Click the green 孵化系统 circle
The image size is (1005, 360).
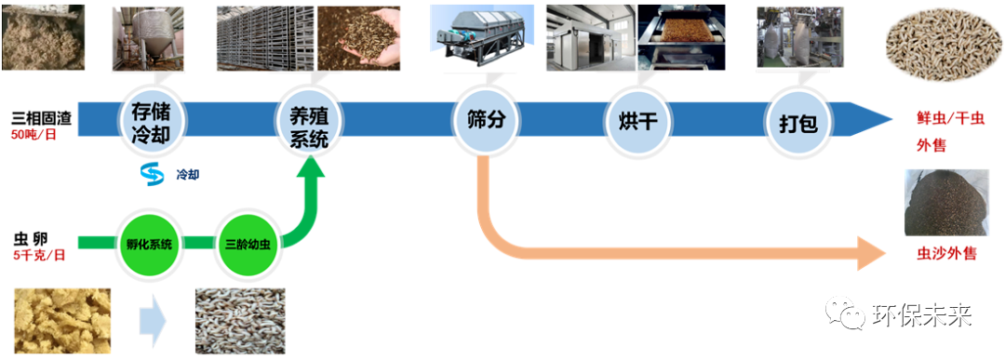click(x=150, y=244)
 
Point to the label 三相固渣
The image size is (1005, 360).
click(x=41, y=118)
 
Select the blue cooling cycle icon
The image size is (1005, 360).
click(x=152, y=174)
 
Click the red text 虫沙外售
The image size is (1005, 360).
click(x=946, y=254)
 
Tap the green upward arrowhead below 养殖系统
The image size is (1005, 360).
click(x=310, y=167)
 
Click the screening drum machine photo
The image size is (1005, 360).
click(x=478, y=36)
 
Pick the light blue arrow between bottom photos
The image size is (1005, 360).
click(x=154, y=321)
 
